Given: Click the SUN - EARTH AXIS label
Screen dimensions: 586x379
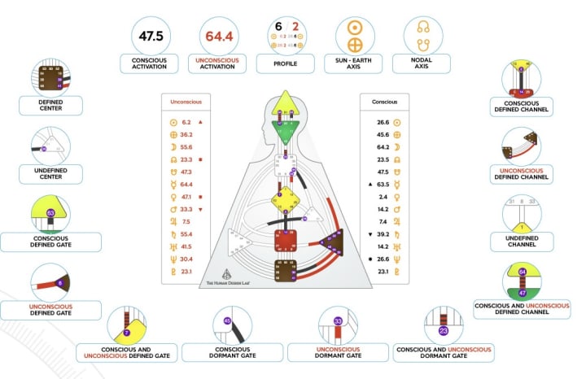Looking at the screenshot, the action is [x=355, y=63].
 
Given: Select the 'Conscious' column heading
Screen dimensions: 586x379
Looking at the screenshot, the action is [x=384, y=102].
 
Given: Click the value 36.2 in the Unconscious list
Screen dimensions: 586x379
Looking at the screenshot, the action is [x=186, y=134].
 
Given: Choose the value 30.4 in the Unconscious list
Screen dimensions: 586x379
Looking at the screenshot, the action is [x=186, y=259].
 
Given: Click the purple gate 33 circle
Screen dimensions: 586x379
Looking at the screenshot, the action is [x=337, y=320].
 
